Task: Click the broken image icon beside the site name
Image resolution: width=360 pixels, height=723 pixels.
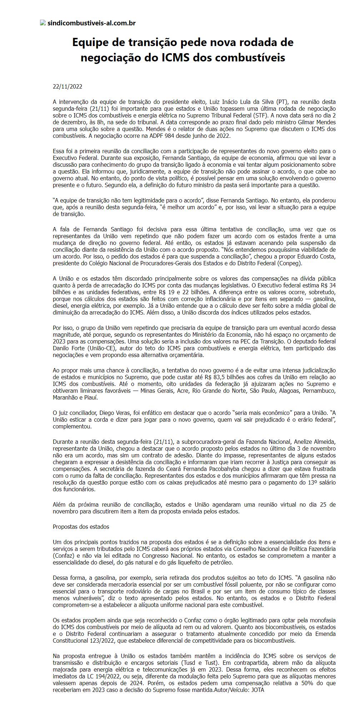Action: coord(43,23)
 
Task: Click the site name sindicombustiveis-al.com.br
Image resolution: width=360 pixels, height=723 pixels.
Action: coord(91,23)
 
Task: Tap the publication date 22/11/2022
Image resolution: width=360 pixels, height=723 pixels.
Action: coord(67,87)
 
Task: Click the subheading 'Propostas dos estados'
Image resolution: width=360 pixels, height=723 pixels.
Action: coord(81,527)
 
